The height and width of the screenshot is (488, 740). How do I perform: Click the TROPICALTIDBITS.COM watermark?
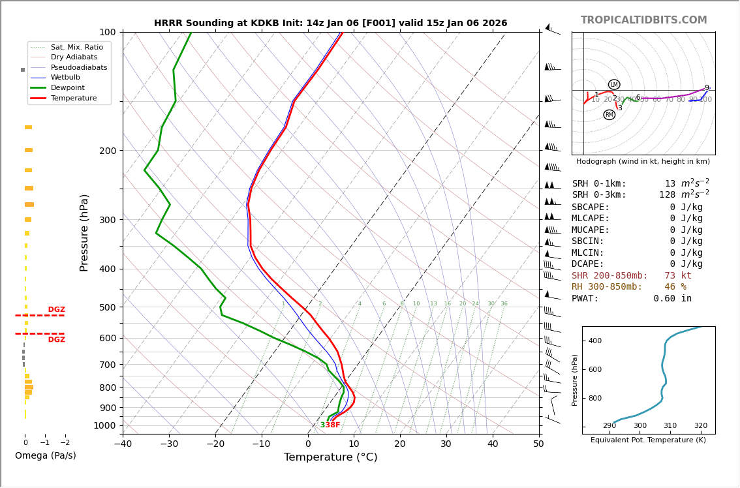click(x=643, y=20)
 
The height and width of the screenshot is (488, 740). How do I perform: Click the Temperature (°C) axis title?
click(x=330, y=458)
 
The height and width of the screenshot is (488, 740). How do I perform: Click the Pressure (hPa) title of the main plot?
click(x=85, y=232)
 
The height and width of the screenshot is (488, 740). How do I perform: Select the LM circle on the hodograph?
click(x=614, y=85)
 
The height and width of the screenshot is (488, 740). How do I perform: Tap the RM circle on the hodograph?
click(x=609, y=115)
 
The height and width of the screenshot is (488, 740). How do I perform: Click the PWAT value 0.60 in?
click(x=672, y=299)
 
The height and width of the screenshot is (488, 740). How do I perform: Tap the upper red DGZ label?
click(x=56, y=310)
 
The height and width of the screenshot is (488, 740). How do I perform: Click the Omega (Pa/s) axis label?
click(x=46, y=456)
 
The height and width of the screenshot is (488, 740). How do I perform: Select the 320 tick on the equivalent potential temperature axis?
click(x=700, y=426)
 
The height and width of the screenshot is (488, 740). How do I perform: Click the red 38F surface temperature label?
click(x=333, y=425)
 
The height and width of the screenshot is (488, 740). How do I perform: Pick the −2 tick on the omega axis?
click(x=65, y=443)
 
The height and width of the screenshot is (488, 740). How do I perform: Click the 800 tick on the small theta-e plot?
click(x=594, y=398)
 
